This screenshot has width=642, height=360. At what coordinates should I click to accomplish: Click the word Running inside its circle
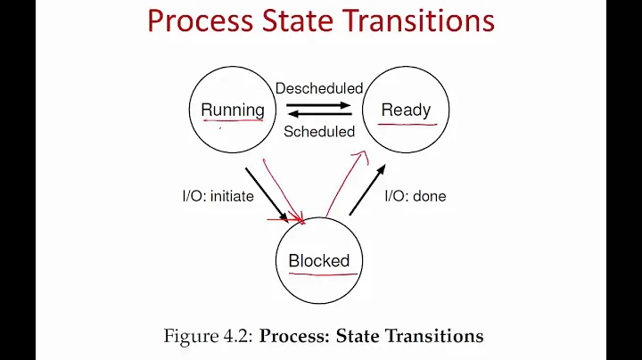pos(233,110)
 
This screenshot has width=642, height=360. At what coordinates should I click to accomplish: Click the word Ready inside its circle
pos(406,110)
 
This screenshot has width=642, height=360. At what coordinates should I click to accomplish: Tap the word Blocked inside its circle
pos(318,261)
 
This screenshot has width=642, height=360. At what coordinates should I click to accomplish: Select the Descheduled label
pos(319,88)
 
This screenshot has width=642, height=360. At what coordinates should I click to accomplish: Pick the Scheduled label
pos(319,132)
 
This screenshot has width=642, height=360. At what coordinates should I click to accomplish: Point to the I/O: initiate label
pos(218,196)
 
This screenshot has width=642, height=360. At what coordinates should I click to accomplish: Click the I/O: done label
pos(415,196)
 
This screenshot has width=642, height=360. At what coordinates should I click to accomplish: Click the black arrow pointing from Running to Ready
pos(319,104)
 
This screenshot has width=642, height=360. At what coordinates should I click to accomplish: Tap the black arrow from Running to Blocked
pos(267,190)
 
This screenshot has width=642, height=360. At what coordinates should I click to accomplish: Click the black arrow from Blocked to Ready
pos(366,190)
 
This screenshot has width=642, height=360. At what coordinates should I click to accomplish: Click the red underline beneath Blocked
pos(319,275)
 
